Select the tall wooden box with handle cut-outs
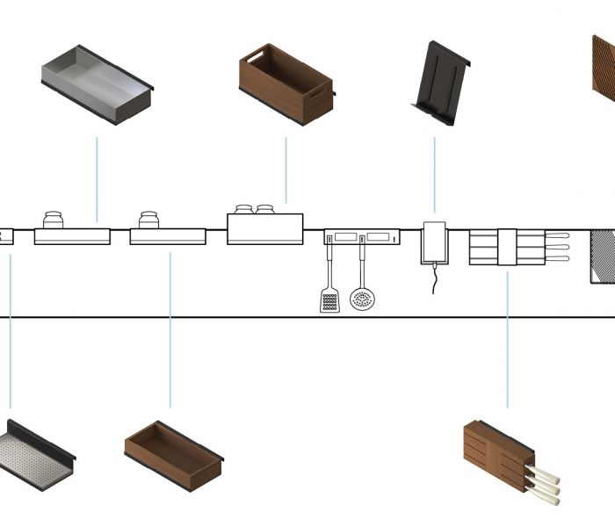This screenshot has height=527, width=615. coord(286,83)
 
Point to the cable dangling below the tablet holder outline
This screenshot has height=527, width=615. coord(434,279)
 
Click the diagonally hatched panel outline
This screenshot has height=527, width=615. coord(603,255)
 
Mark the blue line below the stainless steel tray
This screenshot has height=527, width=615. coord(97,180)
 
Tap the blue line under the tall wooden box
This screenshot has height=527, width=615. coord(286,171)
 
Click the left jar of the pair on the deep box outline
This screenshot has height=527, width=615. coord(243,210)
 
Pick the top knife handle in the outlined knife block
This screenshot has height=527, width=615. coord(559,235)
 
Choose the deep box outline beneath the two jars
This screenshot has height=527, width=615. coord(264,229)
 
